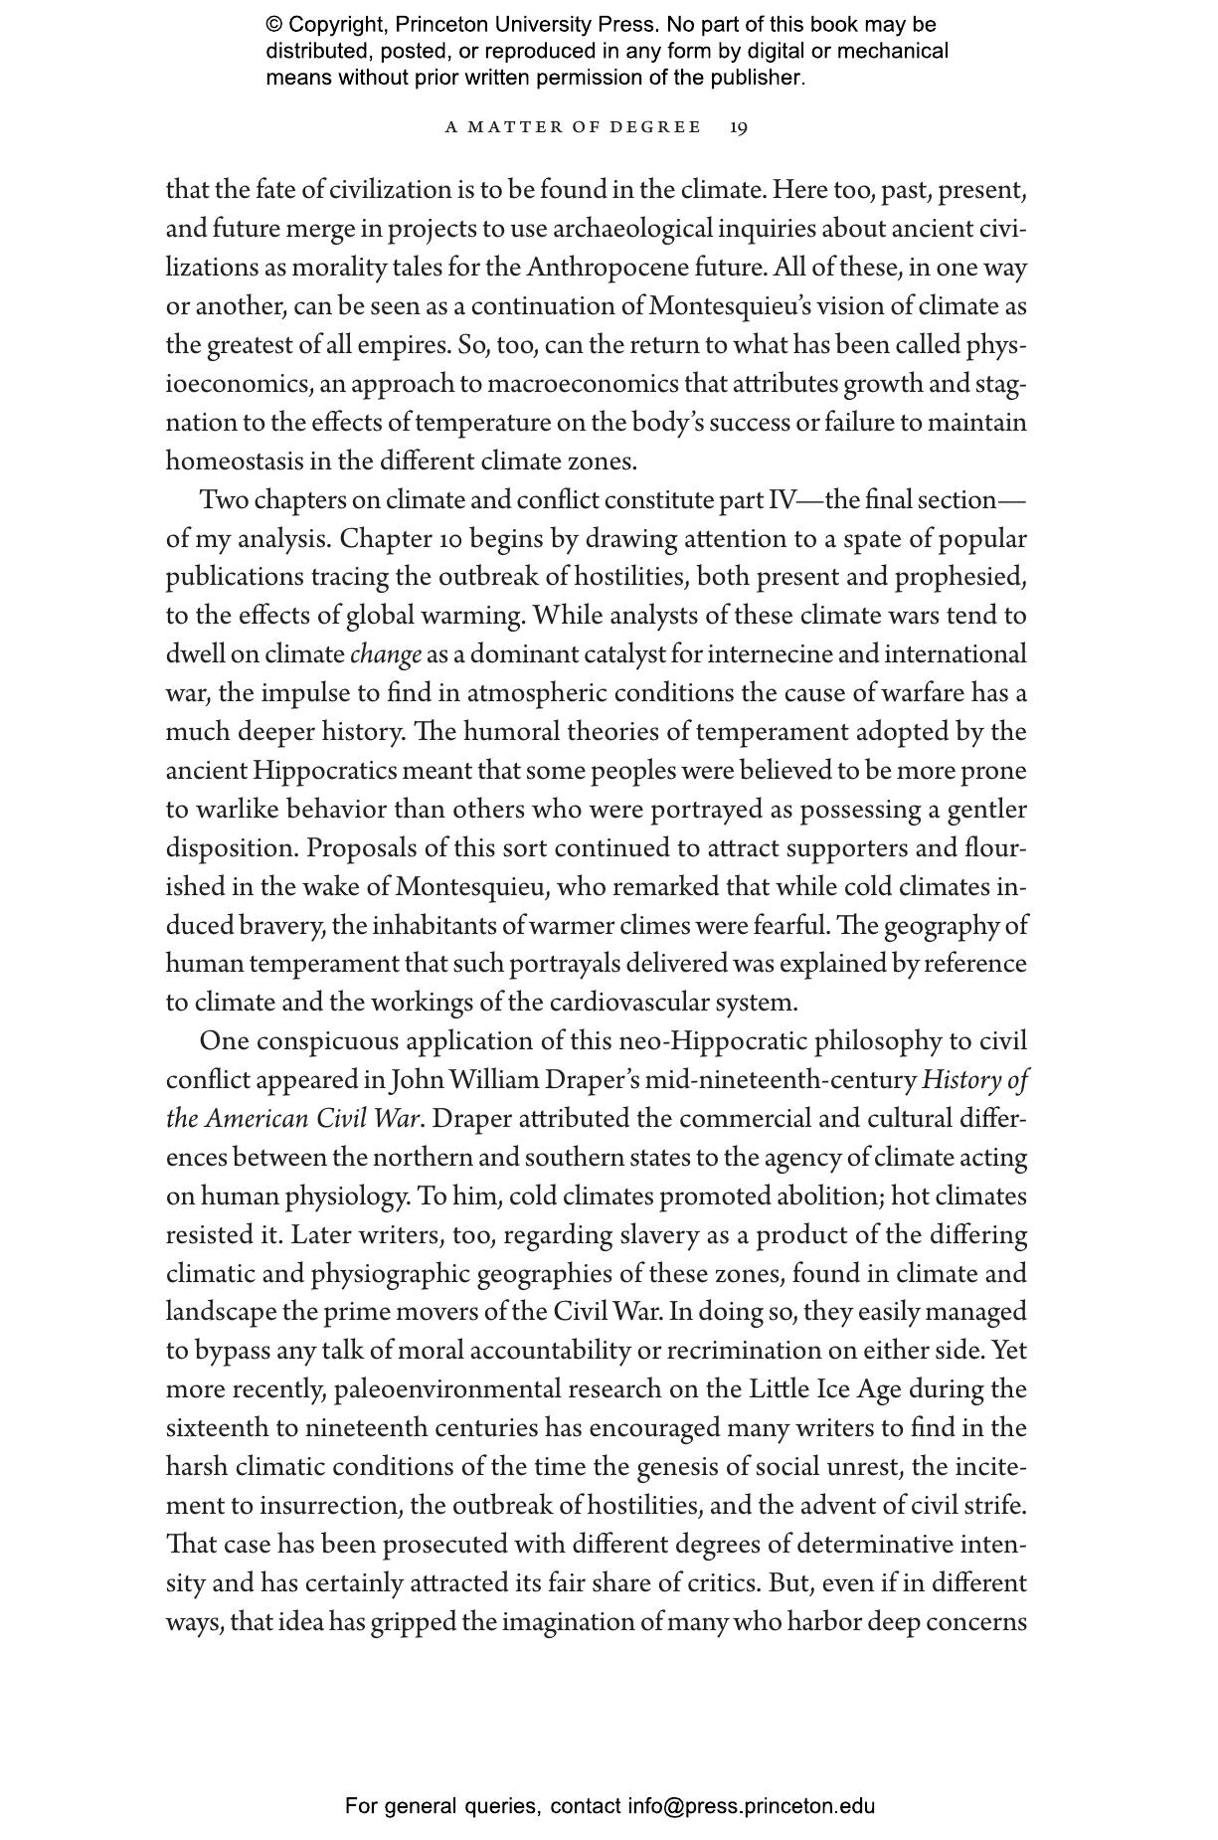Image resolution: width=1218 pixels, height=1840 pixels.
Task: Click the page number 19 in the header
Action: coord(739,127)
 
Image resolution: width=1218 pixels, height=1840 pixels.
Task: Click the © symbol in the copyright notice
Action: coord(273,25)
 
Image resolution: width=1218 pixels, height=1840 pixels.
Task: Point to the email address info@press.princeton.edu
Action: coord(751,1806)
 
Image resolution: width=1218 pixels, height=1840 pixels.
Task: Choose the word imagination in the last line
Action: coord(569,1622)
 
